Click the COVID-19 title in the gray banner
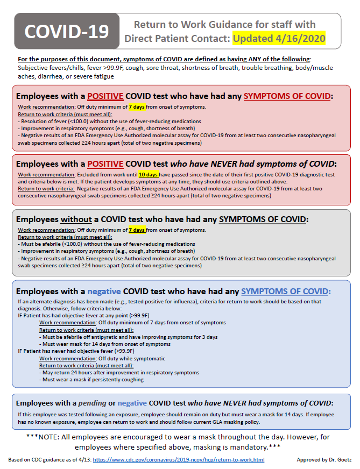pyautogui.click(x=67, y=32)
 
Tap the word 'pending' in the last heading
pyautogui.click(x=92, y=403)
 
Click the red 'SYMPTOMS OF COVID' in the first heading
pyautogui.click(x=287, y=96)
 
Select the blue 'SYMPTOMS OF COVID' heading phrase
pyautogui.click(x=285, y=292)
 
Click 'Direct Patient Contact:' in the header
pyautogui.click(x=177, y=39)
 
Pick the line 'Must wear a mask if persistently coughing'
pyautogui.click(x=92, y=379)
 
